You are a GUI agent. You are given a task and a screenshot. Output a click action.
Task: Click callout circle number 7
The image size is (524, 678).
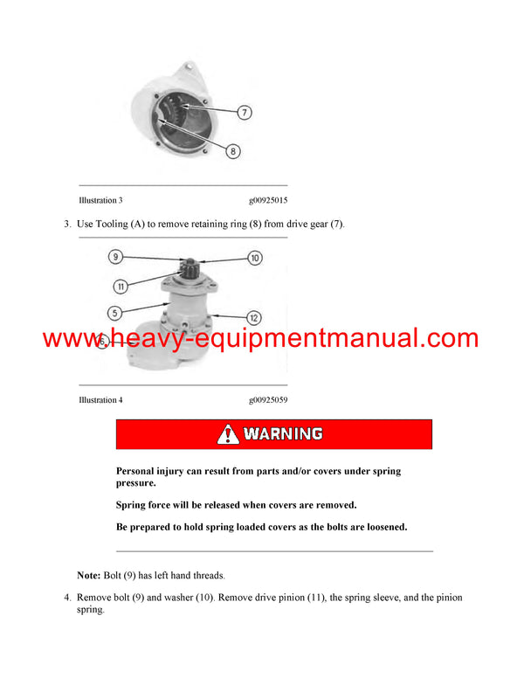click(245, 111)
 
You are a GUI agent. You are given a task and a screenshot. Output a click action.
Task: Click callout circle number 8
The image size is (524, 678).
click(232, 151)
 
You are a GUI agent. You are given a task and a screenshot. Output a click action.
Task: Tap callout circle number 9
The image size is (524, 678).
click(115, 257)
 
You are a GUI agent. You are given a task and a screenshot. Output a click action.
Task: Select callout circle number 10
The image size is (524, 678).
click(254, 258)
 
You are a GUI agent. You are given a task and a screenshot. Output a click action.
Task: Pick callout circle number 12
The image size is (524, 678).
click(253, 317)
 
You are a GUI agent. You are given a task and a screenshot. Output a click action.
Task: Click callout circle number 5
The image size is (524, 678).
click(114, 311)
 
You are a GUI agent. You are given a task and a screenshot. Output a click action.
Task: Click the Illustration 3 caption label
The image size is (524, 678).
click(100, 200)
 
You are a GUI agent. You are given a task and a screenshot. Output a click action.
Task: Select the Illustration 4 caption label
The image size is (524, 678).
click(100, 399)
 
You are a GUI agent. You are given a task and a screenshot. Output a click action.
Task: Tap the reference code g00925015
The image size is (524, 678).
click(268, 200)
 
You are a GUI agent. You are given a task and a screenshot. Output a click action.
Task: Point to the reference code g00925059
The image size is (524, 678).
click(268, 399)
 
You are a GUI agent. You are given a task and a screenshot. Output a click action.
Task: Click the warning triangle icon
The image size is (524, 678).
click(227, 433)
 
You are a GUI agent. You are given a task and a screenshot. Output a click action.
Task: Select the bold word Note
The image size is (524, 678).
click(88, 576)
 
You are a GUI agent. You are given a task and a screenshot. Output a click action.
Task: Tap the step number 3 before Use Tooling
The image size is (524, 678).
click(66, 225)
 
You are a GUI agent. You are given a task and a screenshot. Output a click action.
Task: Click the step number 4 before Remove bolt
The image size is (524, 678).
click(66, 598)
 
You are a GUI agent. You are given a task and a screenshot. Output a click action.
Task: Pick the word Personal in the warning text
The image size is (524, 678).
click(140, 471)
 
